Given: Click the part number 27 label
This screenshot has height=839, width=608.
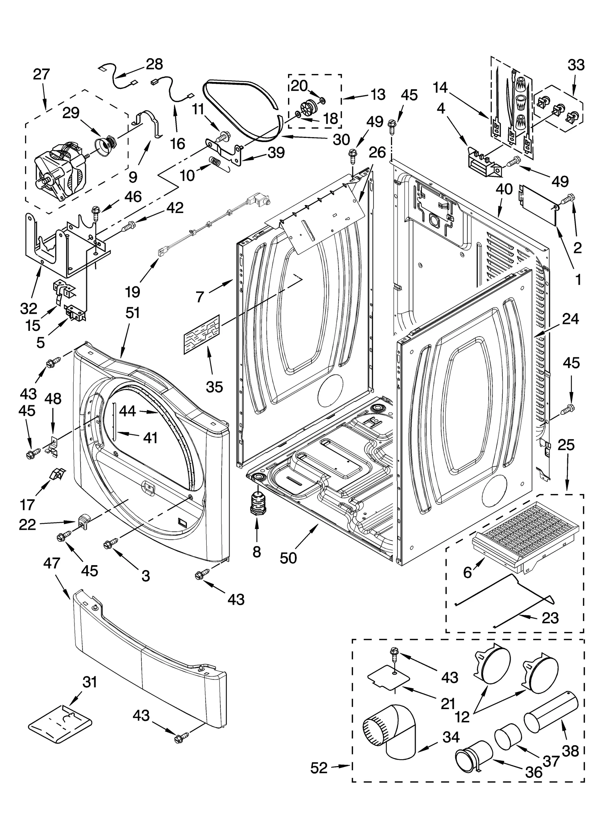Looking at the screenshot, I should click(x=41, y=74).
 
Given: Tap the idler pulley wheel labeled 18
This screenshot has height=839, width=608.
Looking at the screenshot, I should click(x=309, y=108).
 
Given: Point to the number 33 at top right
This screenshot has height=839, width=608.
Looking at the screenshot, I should click(x=576, y=65).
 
